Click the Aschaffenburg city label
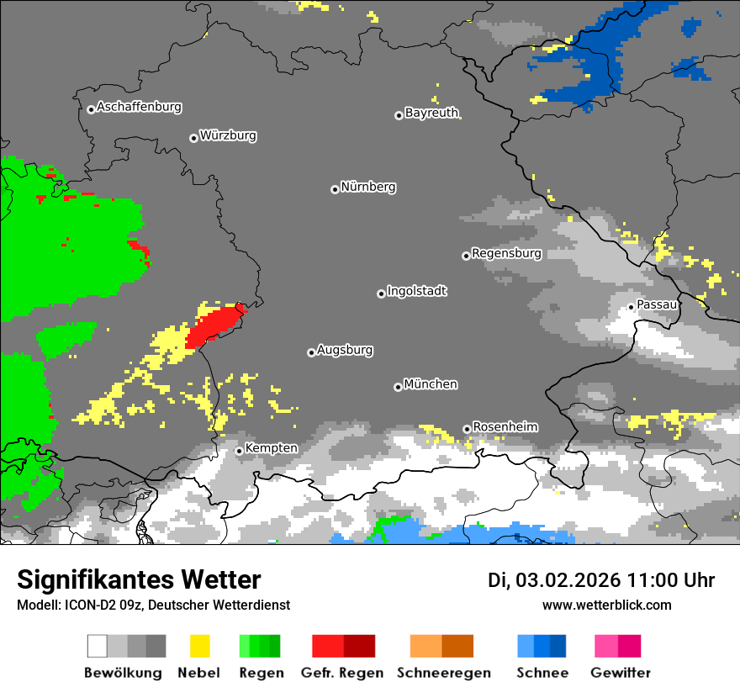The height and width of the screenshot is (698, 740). (x=139, y=108)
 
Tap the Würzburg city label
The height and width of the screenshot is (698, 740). (x=228, y=136)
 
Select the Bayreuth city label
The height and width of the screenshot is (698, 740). (x=431, y=114)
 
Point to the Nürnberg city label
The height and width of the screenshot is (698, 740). (x=368, y=188)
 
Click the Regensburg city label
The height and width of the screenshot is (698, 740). (x=506, y=254)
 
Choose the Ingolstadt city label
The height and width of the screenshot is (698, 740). (x=417, y=292)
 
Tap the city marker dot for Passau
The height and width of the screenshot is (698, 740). (x=631, y=307)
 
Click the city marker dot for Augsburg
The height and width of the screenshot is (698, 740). (x=311, y=352)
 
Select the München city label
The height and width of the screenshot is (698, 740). (x=431, y=385)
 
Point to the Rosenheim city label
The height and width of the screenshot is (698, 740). (x=505, y=427)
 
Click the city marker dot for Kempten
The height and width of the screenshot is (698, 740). (x=239, y=451)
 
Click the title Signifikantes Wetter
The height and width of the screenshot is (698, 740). (x=139, y=580)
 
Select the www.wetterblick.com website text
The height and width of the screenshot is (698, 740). (x=607, y=605)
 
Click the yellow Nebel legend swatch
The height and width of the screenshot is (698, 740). (x=199, y=646)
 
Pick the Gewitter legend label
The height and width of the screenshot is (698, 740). (x=621, y=673)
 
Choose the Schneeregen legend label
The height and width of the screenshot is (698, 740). (x=442, y=673)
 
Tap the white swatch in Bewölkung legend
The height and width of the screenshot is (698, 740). (x=97, y=646)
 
